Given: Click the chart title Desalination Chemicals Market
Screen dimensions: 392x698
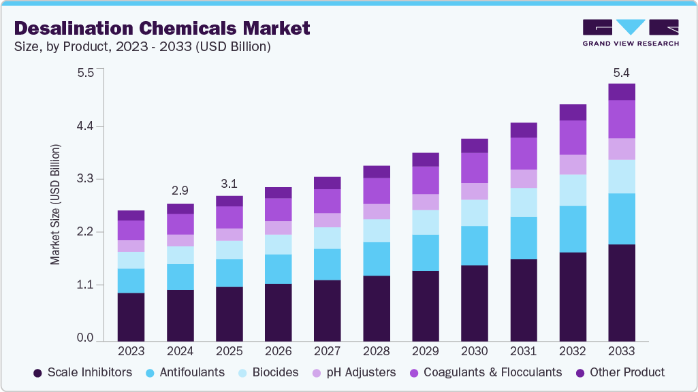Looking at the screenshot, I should coord(162,28).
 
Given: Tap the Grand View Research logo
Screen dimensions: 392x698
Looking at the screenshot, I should coord(630,32).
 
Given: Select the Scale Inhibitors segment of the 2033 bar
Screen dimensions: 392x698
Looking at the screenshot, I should coord(621,292).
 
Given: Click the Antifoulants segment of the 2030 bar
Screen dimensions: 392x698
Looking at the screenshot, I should coord(474,246).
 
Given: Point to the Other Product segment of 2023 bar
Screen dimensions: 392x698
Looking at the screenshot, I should coord(131,215).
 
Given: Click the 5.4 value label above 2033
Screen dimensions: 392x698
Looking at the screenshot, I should coord(621,72).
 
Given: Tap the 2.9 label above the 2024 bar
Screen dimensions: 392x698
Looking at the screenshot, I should coord(180,191).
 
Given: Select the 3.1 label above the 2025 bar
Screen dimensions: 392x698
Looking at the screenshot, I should coord(229,184).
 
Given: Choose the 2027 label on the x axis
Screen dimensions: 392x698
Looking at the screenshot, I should coord(327,351).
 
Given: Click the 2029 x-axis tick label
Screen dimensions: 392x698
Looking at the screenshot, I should coord(425,351).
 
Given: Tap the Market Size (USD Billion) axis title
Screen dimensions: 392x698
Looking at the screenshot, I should coord(55,204).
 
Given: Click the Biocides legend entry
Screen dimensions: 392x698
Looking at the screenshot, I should coord(268,372).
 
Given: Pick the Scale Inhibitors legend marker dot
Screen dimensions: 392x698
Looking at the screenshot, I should coord(37,373).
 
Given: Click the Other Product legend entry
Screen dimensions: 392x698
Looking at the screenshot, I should coord(620,372).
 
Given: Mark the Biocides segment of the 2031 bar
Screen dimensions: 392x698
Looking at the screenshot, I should coord(524,202).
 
